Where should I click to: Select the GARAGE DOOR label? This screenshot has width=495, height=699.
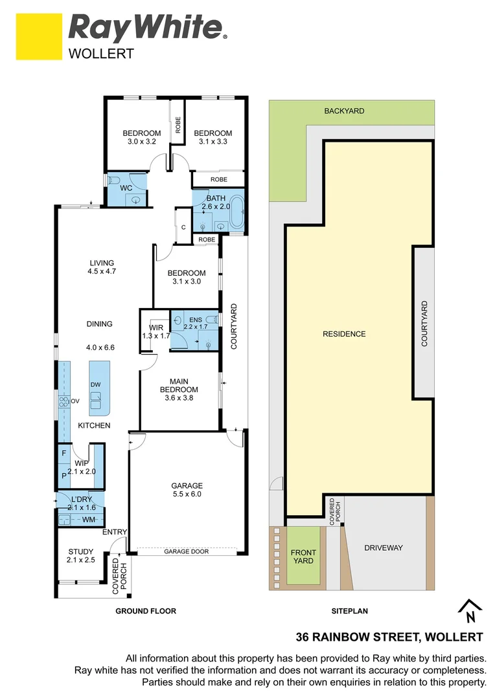click(x=186, y=551)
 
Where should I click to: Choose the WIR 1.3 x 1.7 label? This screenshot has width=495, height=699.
click(x=155, y=331)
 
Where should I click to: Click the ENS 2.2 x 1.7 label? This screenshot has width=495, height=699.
click(x=195, y=322)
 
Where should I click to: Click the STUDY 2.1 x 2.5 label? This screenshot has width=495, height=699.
click(x=81, y=556)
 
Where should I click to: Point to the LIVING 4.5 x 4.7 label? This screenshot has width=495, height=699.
click(x=102, y=267)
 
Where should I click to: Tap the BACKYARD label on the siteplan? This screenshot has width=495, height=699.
click(x=344, y=111)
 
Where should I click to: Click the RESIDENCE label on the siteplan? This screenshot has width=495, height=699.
click(x=344, y=334)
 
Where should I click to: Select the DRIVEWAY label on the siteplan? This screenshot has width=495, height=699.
click(x=383, y=548)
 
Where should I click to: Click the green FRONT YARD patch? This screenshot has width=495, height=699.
click(x=303, y=556)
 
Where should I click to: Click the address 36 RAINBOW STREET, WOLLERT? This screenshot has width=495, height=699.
click(x=389, y=637)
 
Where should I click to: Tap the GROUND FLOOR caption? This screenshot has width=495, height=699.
click(x=145, y=611)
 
